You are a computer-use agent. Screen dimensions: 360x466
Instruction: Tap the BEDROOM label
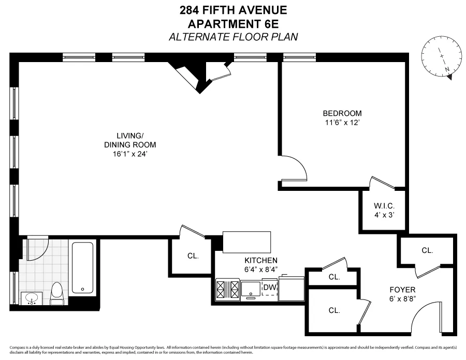[342, 114]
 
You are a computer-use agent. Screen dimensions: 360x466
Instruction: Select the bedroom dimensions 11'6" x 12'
[342, 123]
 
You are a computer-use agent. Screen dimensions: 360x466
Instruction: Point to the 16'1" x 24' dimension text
[130, 154]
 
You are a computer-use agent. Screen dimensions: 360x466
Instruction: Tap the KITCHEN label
[261, 260]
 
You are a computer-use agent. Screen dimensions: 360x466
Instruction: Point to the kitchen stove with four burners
[228, 289]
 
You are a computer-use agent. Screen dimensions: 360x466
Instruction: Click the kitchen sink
[252, 289]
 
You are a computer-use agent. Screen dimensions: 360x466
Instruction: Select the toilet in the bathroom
[57, 293]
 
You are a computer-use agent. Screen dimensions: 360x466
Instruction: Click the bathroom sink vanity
[32, 298]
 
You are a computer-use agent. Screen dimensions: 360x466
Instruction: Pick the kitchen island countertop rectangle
[247, 241]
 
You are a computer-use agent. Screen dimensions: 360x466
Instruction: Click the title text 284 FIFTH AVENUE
[232, 10]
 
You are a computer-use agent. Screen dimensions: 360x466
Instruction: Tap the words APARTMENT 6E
[232, 23]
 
